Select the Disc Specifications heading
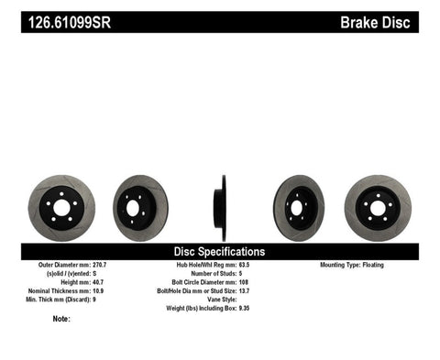tap(220, 251)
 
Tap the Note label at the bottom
tap(61, 320)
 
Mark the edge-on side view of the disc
tap(220, 207)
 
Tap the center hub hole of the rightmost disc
tap(377, 208)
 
